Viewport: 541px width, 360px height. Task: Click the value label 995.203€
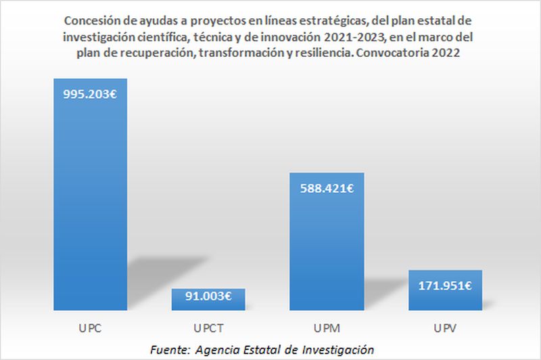tap(90, 95)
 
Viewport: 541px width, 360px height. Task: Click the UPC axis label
tap(90, 330)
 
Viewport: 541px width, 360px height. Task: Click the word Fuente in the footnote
tap(171, 349)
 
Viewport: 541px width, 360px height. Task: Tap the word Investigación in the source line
tap(335, 349)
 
